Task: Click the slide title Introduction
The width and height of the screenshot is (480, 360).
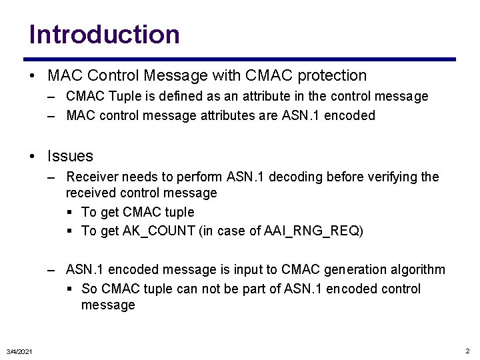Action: [105, 34]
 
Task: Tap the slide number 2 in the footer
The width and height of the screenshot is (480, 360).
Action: [467, 351]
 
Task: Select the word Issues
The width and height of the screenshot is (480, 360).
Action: [70, 156]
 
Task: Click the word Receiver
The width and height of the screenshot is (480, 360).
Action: [91, 177]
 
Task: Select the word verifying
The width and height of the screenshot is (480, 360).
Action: [389, 177]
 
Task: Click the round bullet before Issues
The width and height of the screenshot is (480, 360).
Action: [33, 157]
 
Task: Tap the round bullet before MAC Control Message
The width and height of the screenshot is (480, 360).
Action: [33, 76]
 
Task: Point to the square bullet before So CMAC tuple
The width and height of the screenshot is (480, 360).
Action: [70, 289]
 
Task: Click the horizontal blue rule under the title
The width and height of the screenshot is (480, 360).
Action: [242, 59]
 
